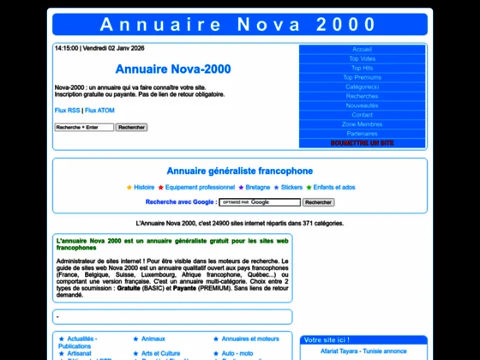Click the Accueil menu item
click(x=362, y=49)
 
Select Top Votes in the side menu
click(x=362, y=58)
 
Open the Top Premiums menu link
click(x=362, y=77)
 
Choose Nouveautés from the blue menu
click(x=362, y=105)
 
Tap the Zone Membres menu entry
click(x=362, y=124)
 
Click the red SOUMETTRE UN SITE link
click(x=362, y=143)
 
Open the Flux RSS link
click(x=67, y=111)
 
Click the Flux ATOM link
click(x=100, y=111)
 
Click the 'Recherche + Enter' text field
click(x=84, y=127)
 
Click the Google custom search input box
click(x=260, y=202)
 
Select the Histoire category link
click(x=144, y=186)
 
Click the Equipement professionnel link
click(x=200, y=186)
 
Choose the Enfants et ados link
click(x=334, y=186)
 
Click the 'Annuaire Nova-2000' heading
click(x=172, y=68)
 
